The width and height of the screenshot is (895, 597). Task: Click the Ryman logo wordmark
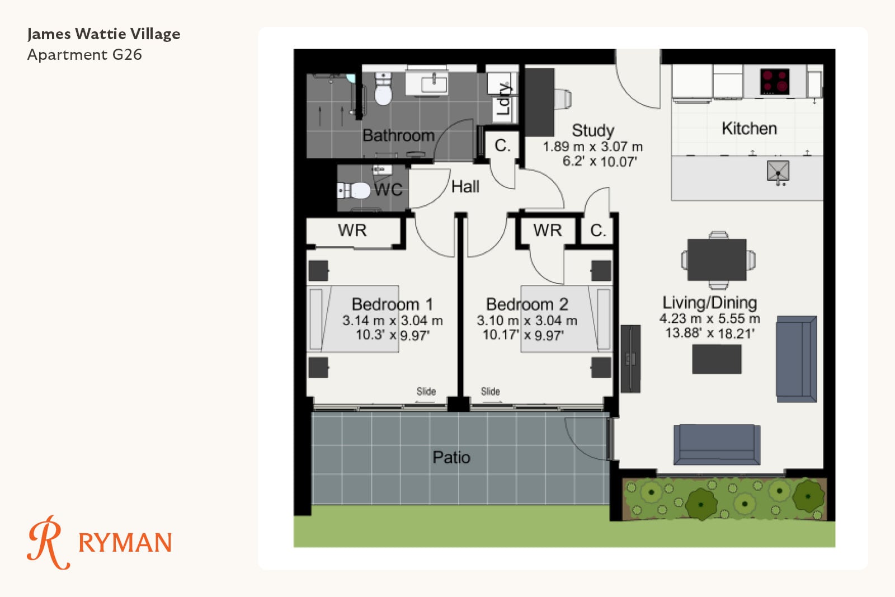[x=125, y=543]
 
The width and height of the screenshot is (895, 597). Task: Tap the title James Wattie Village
[x=104, y=34]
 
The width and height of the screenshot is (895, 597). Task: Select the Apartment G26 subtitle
[x=84, y=55]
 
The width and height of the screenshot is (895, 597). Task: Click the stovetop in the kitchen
[x=774, y=82]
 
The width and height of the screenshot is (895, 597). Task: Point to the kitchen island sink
[x=778, y=171]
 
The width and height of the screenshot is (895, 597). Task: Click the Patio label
[x=451, y=457]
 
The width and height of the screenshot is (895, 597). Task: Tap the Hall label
[x=465, y=187]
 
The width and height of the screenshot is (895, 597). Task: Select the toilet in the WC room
[x=354, y=191]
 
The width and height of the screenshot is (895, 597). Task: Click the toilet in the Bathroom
[x=383, y=89]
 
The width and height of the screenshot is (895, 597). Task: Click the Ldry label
[x=504, y=98]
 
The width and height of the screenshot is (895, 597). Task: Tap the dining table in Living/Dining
[x=717, y=260]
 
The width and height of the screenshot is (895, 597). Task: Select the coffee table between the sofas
[x=717, y=359]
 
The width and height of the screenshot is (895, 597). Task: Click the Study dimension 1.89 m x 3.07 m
[x=593, y=147]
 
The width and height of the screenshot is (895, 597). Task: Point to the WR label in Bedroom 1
[x=352, y=230]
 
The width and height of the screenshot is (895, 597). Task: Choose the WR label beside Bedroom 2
[x=548, y=230]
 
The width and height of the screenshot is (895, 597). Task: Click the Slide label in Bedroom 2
[x=490, y=391]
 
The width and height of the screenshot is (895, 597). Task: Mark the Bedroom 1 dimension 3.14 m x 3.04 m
[x=392, y=321]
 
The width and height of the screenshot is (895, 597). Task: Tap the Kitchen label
[x=749, y=129]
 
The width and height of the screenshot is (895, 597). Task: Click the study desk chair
[x=563, y=98]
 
